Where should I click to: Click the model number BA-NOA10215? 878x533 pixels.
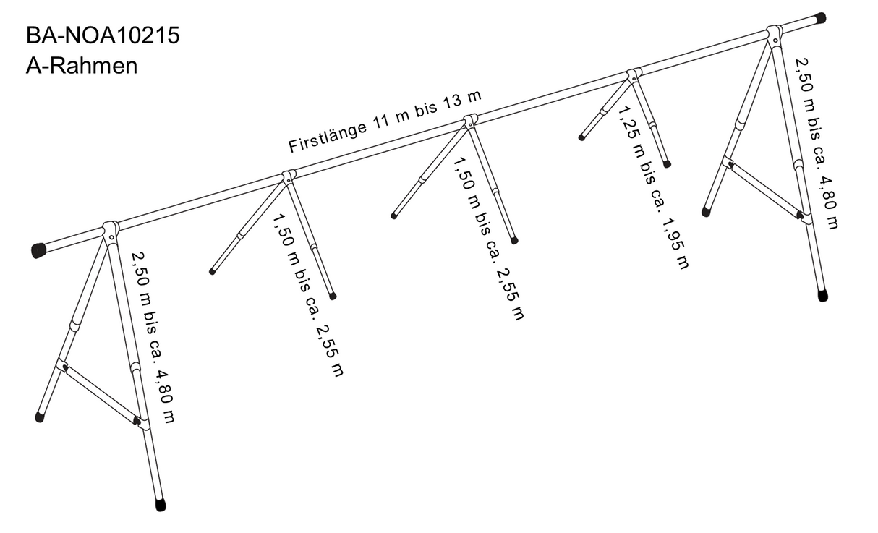pos(102,36)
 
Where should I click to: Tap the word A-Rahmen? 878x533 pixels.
pos(81,66)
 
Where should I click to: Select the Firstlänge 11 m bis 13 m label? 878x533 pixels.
pos(385,122)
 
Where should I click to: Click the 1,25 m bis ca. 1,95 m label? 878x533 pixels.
pos(652,187)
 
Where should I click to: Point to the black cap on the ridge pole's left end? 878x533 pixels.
pos(38,250)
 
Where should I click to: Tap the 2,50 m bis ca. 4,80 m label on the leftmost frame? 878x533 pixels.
pos(153,337)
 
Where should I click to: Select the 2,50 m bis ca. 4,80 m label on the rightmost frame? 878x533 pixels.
pos(817,144)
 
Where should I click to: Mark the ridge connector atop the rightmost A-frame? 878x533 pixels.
pos(774,34)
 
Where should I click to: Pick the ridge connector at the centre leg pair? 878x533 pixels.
pos(471,121)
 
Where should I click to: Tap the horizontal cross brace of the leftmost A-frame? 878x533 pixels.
pos(100,393)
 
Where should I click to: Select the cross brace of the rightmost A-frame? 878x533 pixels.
pos(765,189)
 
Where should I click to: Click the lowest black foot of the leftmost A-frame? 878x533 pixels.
pos(161,505)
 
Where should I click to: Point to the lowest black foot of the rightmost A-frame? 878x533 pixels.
pos(823,296)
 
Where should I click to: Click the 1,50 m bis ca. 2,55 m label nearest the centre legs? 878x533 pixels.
pos(487,239)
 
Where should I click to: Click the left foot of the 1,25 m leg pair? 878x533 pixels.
pos(581,137)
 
